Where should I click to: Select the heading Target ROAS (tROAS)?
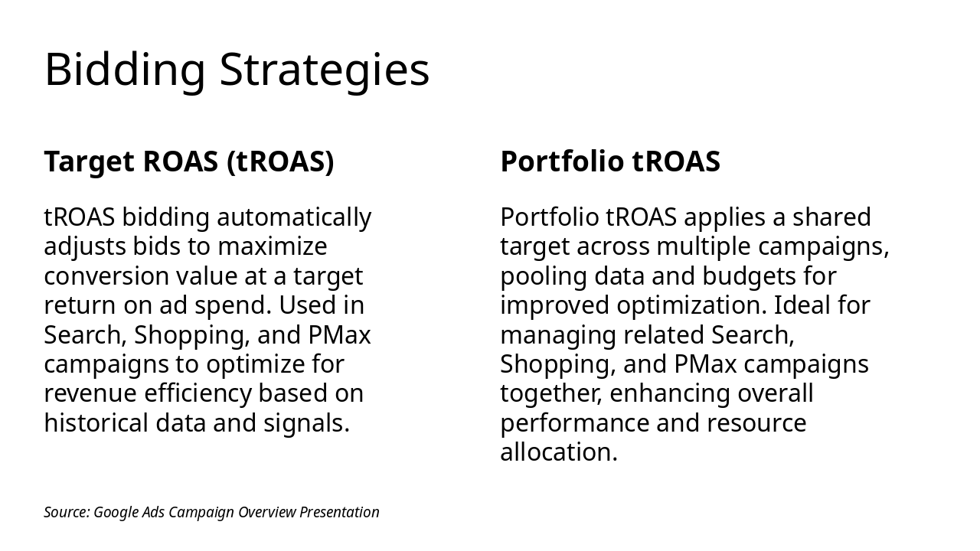pos(189,161)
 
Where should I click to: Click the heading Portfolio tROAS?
pos(610,161)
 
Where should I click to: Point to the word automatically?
pos(294,218)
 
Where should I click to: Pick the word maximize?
pos(272,246)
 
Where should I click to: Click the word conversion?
pos(106,276)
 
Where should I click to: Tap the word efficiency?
pos(198,394)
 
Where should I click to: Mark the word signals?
pos(306,424)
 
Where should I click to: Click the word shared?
pos(831,217)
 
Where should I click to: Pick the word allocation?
pos(559,452)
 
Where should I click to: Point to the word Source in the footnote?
pos(67,512)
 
